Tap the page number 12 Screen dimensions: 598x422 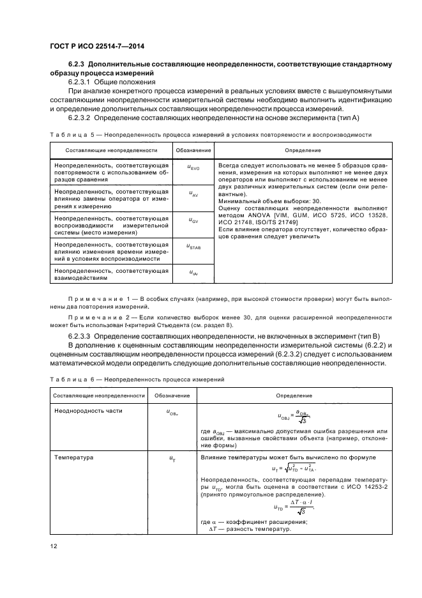(54, 545)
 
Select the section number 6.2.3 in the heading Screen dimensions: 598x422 (77, 65)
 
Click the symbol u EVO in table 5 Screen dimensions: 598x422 (193, 167)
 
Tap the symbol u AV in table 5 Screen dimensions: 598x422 (193, 192)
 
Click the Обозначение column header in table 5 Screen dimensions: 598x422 (193, 150)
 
